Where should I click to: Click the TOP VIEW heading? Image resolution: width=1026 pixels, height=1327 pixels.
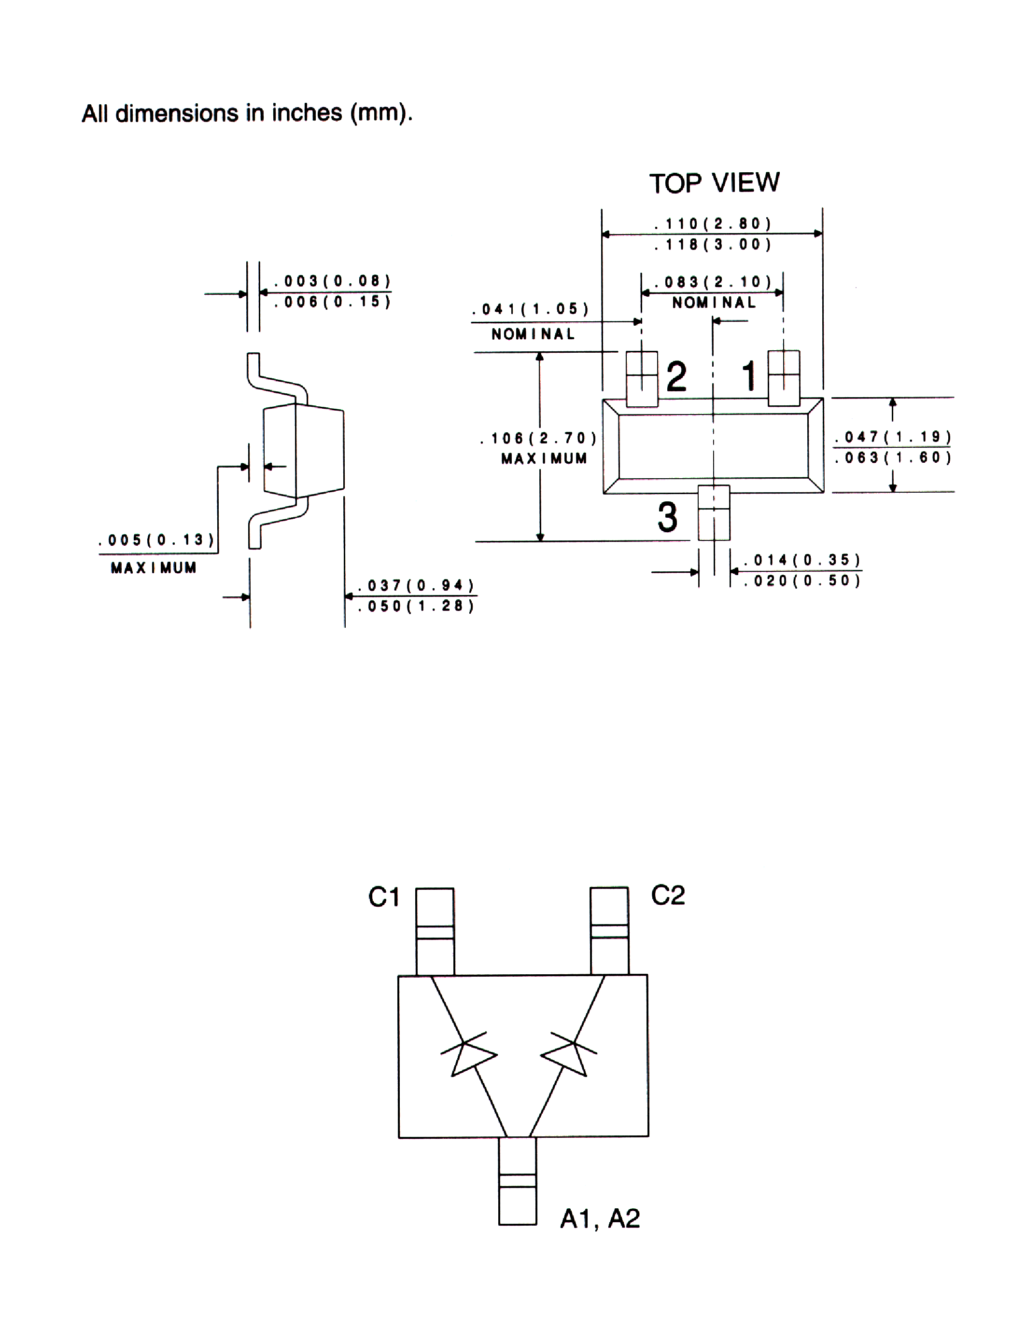point(714,183)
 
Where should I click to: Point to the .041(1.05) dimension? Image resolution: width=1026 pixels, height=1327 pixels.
point(531,309)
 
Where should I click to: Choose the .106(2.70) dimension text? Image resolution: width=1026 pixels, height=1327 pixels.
point(538,438)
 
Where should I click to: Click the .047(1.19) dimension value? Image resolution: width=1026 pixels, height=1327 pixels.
point(893,437)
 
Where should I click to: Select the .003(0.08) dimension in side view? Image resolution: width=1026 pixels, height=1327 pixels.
point(332,281)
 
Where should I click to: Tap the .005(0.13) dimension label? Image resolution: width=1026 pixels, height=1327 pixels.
point(157,540)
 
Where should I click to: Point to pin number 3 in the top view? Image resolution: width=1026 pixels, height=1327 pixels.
point(667,518)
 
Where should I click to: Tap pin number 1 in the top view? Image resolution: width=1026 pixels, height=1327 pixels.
point(749,375)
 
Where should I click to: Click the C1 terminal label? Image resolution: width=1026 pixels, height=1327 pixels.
point(383,897)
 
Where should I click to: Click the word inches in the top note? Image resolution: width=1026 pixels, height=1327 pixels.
point(307,113)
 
